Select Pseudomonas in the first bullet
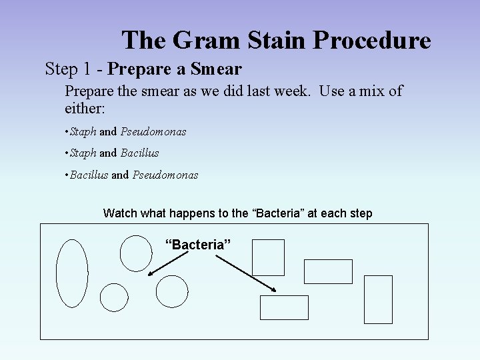[153, 131]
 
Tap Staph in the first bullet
[83, 131]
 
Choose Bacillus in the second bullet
[139, 153]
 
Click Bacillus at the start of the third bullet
[89, 175]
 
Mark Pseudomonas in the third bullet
[165, 175]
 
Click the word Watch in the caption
[120, 213]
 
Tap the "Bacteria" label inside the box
[198, 245]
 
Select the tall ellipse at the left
[72, 273]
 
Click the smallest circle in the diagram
[114, 297]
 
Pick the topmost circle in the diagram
[136, 253]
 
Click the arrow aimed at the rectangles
[247, 273]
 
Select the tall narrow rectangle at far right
[379, 299]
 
